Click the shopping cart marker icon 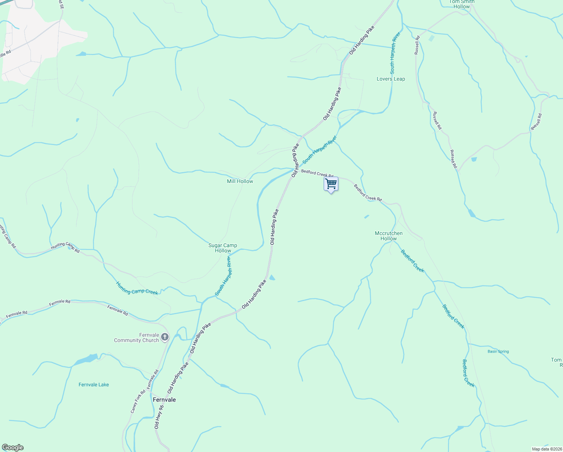pos(331,184)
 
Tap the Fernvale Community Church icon pos(165,337)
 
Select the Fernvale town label pos(164,400)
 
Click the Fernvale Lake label pos(94,385)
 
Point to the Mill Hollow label pos(240,181)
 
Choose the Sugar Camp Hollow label pos(223,248)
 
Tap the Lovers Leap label pos(391,79)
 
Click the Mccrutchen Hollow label pos(389,236)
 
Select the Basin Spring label pos(498,351)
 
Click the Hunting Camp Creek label pos(137,288)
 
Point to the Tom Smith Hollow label pos(462,4)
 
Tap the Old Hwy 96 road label pos(159,417)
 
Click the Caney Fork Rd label pos(138,402)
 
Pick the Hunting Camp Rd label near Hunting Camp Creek pos(65,247)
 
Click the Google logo pos(12,447)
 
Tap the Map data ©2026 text pos(546,449)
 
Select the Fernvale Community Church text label pos(137,337)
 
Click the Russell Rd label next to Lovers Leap pos(417,45)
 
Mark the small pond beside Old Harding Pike pos(272,278)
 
